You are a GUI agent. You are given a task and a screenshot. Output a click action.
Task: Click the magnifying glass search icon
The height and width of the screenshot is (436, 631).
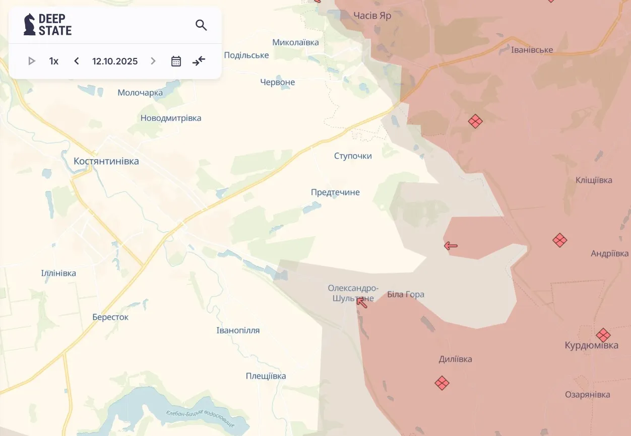[x=201, y=25]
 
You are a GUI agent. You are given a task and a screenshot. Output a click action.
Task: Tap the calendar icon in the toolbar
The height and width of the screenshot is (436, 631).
[x=176, y=61]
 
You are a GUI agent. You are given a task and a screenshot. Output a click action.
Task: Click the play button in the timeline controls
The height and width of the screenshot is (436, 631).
[x=32, y=61]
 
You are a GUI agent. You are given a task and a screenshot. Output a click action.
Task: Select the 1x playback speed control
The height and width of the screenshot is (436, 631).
[x=54, y=61]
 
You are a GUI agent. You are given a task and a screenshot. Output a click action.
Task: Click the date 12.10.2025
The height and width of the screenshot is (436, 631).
[x=115, y=61]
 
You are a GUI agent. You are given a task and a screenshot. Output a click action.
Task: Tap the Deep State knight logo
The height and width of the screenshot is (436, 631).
[x=30, y=25]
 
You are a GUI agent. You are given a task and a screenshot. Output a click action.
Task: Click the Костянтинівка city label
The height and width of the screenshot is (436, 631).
[x=106, y=162]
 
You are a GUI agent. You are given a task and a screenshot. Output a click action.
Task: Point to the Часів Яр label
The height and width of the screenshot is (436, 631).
[x=372, y=16]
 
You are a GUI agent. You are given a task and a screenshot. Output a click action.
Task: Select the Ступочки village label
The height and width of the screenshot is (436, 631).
[x=353, y=156]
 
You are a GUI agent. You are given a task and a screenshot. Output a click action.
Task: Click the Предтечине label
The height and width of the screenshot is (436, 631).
[x=335, y=192]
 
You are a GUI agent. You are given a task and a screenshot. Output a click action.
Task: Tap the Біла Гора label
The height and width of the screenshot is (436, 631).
[x=406, y=295]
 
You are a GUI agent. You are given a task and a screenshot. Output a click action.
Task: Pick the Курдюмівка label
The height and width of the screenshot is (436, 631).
[x=591, y=346]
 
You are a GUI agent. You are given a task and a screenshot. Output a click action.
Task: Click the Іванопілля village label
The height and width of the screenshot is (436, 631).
[x=238, y=331]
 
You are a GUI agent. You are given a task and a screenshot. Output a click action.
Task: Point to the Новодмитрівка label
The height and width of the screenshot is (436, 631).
[x=171, y=118]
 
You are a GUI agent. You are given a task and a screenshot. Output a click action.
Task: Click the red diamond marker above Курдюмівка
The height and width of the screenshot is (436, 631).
[x=603, y=335]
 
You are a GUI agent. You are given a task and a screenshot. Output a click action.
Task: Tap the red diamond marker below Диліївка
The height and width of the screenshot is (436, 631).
[x=442, y=383]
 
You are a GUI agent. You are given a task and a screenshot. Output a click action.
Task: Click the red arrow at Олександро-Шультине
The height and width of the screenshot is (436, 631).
[x=361, y=302]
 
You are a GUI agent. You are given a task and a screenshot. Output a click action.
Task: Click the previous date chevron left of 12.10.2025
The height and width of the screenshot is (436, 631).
[x=77, y=61]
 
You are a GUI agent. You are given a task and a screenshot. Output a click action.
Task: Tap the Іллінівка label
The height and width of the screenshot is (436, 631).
[x=58, y=273]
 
